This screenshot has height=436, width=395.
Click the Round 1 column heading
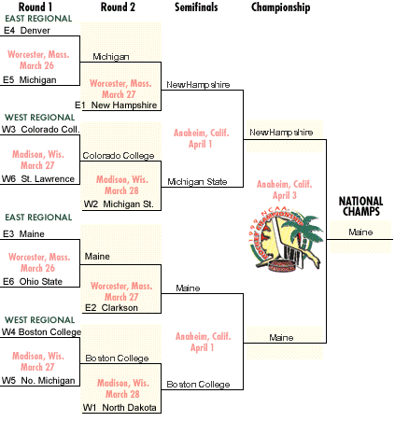pyautogui.click(x=35, y=7)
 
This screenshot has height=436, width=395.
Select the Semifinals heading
pyautogui.click(x=196, y=7)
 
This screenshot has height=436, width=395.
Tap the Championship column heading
pyautogui.click(x=280, y=7)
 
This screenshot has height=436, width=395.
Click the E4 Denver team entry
pyautogui.click(x=27, y=31)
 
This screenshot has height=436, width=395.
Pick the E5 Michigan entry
pyautogui.click(x=30, y=80)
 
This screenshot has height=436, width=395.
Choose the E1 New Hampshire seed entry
pyautogui.click(x=116, y=105)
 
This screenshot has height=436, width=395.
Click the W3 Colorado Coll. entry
pyautogui.click(x=40, y=130)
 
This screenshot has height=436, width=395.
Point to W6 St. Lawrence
pyautogui.click(x=38, y=179)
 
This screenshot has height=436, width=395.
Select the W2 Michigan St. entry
pyautogui.click(x=119, y=204)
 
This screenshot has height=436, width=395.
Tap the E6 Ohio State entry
pyautogui.click(x=33, y=282)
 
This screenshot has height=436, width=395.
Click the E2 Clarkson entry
pyautogui.click(x=111, y=308)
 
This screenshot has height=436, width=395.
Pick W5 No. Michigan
pyautogui.click(x=38, y=381)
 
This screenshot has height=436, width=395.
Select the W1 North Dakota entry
pyautogui.click(x=120, y=408)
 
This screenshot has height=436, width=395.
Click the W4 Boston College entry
pyautogui.click(x=41, y=332)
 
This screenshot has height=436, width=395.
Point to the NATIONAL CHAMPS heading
pyautogui.click(x=361, y=206)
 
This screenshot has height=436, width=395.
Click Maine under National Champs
pyautogui.click(x=360, y=232)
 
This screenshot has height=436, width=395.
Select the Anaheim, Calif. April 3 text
pyautogui.click(x=285, y=190)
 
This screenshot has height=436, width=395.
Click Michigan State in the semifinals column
pyautogui.click(x=197, y=182)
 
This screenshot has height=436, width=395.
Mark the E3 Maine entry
pyautogui.click(x=23, y=234)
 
